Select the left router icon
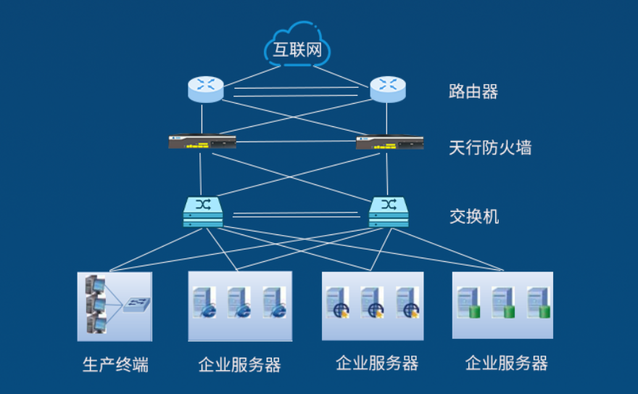coord(206,89)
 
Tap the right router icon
coord(389,89)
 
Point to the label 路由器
coord(473,91)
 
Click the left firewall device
coord(202,142)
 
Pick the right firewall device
coord(389,142)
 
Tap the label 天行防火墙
coord(490,148)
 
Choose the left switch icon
coord(203,211)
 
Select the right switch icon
coord(389,211)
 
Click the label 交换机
coord(474,216)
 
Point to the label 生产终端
coord(115,364)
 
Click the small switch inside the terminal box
coord(136,304)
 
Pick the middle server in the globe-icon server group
coord(372,301)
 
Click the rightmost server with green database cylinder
coord(538,301)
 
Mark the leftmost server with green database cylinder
coord(467,301)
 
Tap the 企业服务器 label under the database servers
coord(506,363)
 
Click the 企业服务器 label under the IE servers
coord(239,364)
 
